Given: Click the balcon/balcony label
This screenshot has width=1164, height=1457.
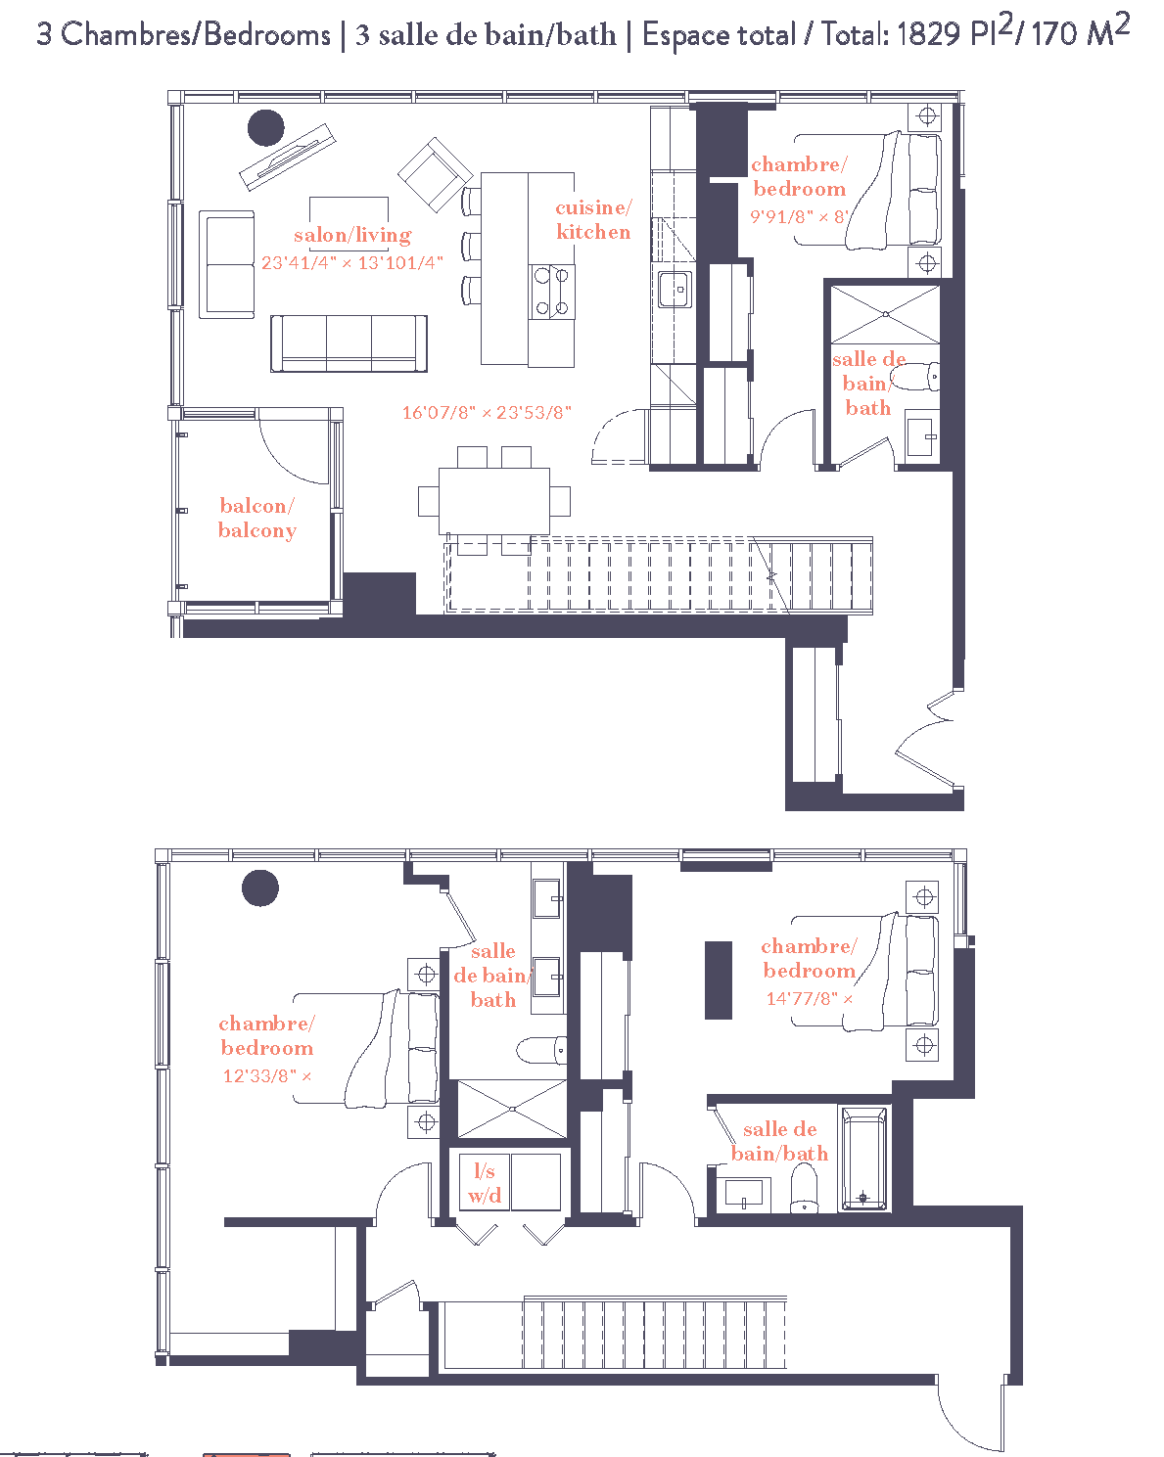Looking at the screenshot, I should (256, 518).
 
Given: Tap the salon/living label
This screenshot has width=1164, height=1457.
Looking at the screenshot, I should (352, 235).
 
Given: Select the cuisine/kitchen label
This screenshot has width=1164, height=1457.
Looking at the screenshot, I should (593, 219).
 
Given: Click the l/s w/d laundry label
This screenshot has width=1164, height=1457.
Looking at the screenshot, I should (485, 1182).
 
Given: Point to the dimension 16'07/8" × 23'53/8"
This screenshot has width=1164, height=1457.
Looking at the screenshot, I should (487, 413).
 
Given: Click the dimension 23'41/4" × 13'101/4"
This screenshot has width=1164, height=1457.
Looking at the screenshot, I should (352, 263).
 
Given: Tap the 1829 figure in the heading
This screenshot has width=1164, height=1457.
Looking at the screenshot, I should (927, 34).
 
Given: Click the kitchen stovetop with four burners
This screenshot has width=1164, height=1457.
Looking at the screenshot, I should (551, 292).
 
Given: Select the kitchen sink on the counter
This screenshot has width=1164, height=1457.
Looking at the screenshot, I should (675, 290).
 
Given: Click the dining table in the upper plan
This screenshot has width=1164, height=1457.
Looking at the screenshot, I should (493, 500).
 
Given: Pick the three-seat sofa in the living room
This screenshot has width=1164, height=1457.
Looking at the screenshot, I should (349, 342).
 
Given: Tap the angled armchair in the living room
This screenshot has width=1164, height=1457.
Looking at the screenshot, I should (433, 174).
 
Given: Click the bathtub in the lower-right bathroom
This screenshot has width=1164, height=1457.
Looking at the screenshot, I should (863, 1158).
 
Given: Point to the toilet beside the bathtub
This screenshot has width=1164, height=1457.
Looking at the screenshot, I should (804, 1188).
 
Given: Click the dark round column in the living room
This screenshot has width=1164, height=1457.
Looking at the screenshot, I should (265, 128).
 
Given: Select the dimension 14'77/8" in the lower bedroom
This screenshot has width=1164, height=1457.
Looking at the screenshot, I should (803, 999).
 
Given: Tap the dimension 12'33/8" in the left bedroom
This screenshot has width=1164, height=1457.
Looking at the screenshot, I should (259, 1076).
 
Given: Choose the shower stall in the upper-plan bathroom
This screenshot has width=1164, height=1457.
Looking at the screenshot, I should (885, 314).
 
